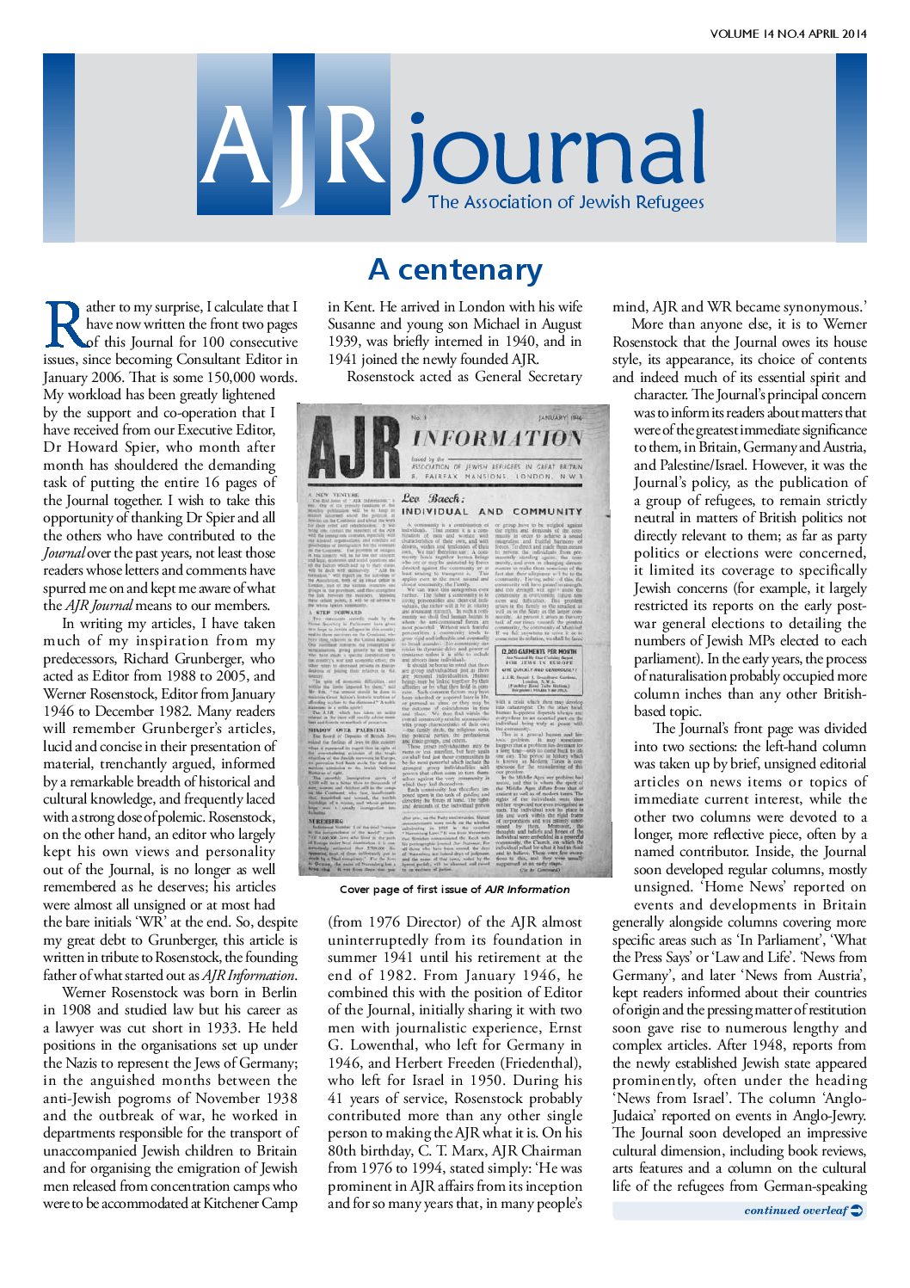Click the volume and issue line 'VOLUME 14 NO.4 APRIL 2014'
pyautogui.click(x=788, y=34)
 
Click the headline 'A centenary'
pyautogui.click(x=455, y=270)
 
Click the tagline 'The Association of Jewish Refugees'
pyautogui.click(x=566, y=203)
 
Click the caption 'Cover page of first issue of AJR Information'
pyautogui.click(x=454, y=890)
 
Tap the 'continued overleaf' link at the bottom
pyautogui.click(x=796, y=1211)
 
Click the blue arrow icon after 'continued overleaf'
pyautogui.click(x=857, y=1211)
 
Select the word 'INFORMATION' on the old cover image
pyautogui.click(x=498, y=439)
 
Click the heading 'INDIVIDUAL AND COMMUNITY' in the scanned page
pyautogui.click(x=493, y=511)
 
